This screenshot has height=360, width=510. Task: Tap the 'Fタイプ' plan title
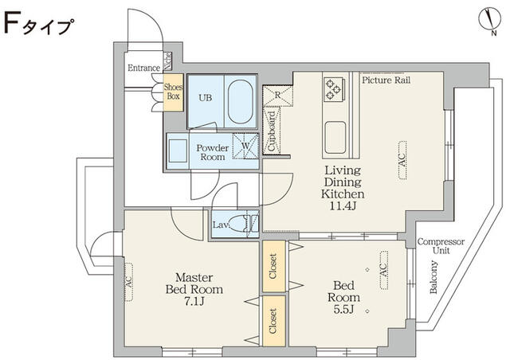40,26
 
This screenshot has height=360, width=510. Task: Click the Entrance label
143,68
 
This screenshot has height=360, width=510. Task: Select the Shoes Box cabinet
173,92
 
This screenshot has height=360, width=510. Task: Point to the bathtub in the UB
239,102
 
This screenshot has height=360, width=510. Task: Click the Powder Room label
213,152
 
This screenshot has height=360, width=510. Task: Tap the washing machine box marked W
248,148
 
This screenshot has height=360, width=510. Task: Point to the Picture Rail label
386,80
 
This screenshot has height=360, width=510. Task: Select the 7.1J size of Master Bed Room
194,303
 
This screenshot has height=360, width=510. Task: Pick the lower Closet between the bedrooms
273,325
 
